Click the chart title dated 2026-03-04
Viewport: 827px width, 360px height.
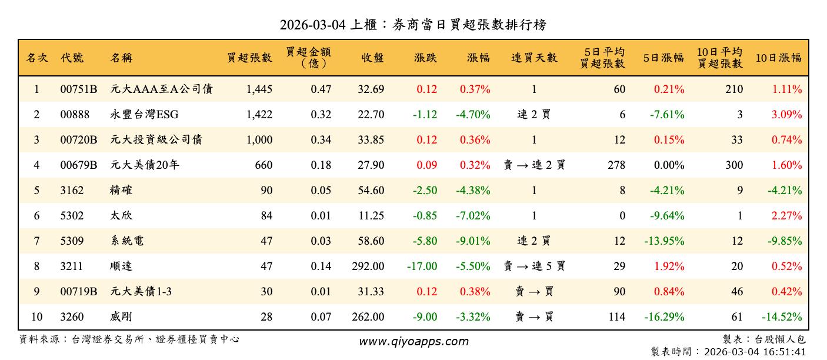[413, 25]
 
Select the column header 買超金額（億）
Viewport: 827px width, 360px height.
[309, 58]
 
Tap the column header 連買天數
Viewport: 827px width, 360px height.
[533, 58]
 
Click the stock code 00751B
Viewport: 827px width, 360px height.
[78, 89]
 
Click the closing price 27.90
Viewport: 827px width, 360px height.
[371, 165]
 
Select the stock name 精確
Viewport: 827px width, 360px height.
[121, 191]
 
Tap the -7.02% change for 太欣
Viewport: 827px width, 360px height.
[473, 216]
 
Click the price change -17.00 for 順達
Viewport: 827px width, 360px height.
[422, 266]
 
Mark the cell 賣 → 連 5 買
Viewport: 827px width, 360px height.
[533, 266]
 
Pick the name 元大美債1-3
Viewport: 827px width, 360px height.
[141, 292]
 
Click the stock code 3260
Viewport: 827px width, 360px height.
[72, 317]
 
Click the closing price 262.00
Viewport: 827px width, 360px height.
[368, 317]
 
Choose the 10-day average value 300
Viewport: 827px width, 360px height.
[733, 165]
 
